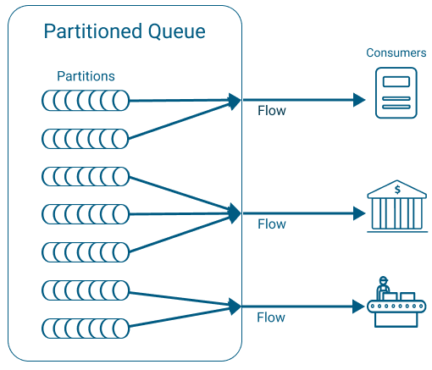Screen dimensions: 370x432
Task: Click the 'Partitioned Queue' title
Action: click(125, 33)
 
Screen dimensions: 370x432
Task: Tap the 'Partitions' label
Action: click(86, 76)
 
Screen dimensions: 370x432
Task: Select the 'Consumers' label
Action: click(396, 52)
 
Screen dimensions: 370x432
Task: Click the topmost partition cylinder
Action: click(86, 101)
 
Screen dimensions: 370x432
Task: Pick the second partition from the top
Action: click(86, 138)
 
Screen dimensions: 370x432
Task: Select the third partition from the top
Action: click(86, 176)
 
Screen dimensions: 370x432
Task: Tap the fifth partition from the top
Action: click(86, 251)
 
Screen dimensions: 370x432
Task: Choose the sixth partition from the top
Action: click(86, 290)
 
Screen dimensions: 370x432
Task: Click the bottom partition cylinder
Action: click(86, 328)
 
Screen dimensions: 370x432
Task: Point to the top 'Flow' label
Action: click(271, 111)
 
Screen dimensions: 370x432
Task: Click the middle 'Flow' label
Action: click(271, 224)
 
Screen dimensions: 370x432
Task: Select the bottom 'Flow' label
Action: click(271, 318)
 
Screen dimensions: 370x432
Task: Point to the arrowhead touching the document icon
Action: click(358, 100)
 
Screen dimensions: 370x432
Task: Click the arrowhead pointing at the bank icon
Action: click(358, 213)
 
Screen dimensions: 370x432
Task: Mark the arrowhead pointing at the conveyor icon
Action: click(358, 306)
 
